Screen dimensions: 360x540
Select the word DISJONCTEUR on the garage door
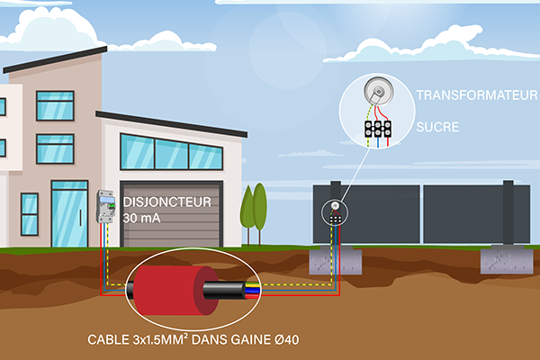[x=170, y=202]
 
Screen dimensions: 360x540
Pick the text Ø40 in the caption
[x=304, y=341]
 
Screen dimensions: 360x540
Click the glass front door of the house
[x=68, y=213]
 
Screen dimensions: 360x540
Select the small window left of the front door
[x=30, y=214]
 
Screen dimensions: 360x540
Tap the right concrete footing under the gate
[x=507, y=260]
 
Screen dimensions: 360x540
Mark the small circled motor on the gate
[x=334, y=212]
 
